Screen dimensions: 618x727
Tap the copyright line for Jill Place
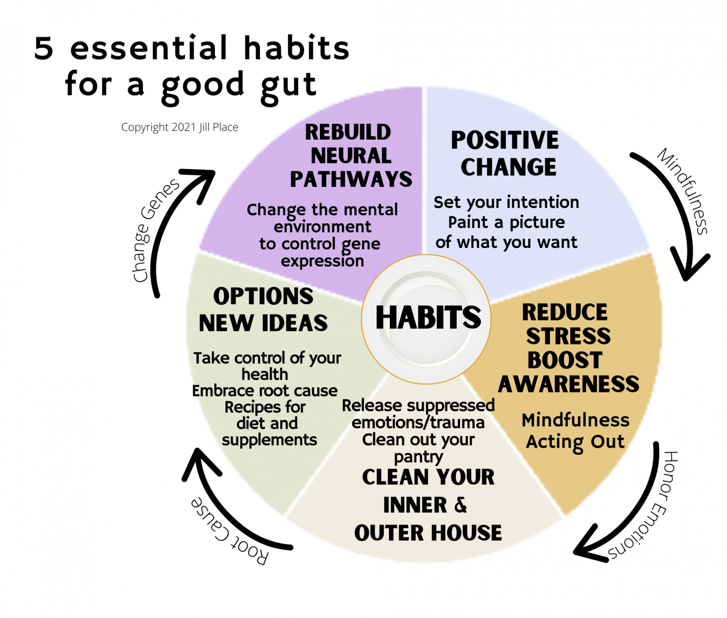coord(180,127)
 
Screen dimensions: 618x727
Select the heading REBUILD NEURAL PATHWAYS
coord(350,156)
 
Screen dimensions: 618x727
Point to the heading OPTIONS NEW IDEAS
coord(263,309)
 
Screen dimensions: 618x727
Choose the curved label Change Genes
coord(154,231)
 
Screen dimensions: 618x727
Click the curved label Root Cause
coord(230,531)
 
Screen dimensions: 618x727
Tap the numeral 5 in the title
coord(44,48)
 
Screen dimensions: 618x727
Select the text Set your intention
coord(506,202)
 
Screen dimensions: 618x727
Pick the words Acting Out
coord(575,441)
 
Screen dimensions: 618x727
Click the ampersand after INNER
coord(461,504)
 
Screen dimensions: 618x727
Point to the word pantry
coord(418,457)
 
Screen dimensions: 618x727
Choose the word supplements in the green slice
coord(269,440)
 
